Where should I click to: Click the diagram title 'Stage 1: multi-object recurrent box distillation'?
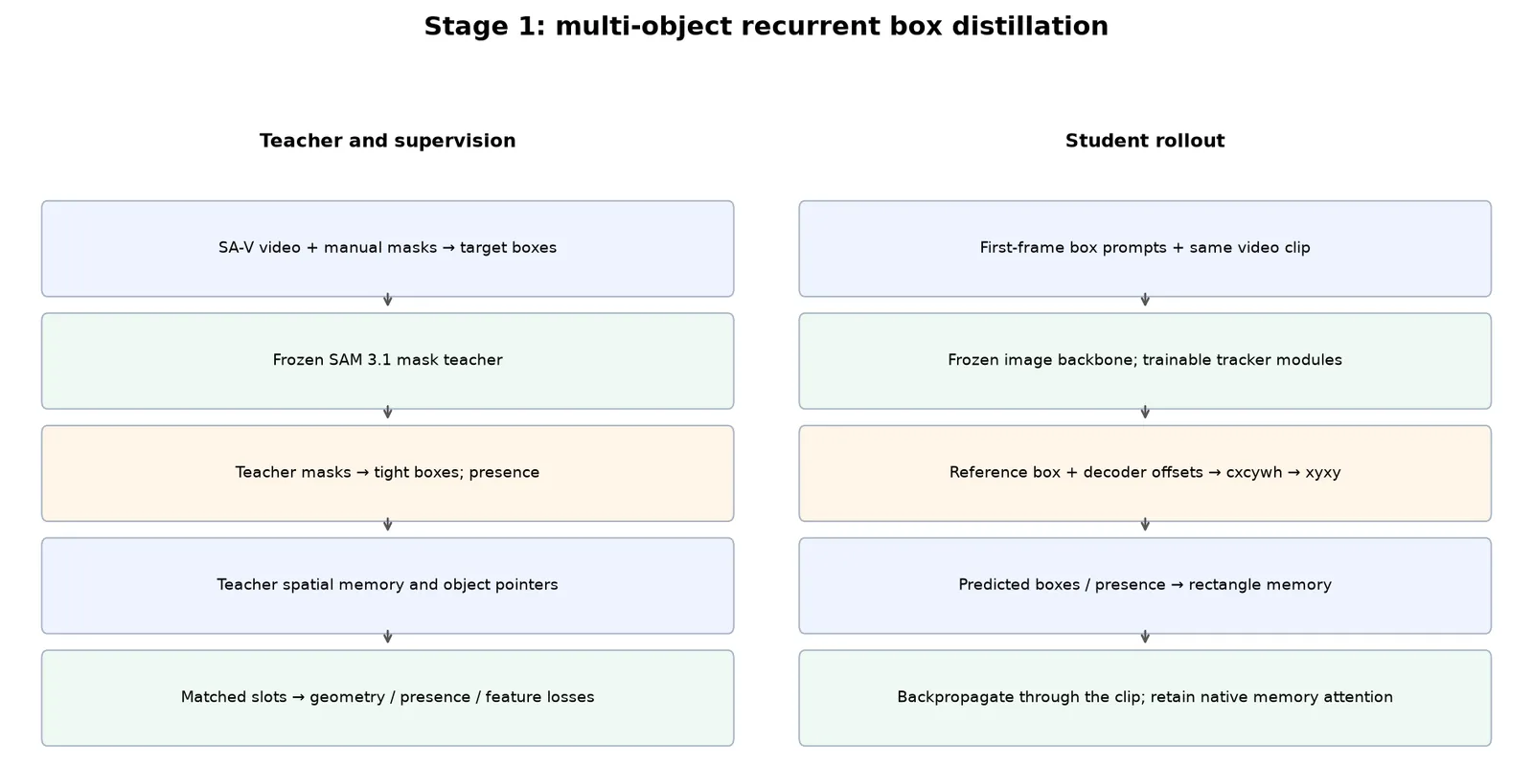pos(766,27)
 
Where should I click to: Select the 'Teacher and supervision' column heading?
pos(387,141)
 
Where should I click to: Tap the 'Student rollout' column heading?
pos(1145,141)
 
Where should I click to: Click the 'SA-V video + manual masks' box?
pos(387,248)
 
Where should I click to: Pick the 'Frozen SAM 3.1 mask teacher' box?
pos(387,360)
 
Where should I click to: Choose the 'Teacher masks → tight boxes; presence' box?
pos(387,473)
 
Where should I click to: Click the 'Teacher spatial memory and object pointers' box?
pos(387,585)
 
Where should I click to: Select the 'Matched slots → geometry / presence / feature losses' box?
pos(387,698)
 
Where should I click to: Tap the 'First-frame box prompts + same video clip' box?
pos(1145,248)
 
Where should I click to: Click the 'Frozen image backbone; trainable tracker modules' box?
pos(1145,360)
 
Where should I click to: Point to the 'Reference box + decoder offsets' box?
pos(1145,473)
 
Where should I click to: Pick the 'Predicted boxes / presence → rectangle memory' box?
pos(1145,585)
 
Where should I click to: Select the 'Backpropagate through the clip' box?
pos(1145,698)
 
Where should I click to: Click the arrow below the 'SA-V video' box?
pos(387,301)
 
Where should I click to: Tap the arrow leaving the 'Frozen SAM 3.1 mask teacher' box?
pos(387,413)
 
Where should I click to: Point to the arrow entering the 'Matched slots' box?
pos(387,638)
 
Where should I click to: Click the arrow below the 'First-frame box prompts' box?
pos(1145,301)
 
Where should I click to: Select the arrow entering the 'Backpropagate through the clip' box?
pos(1145,638)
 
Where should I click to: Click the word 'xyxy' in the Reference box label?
pos(1323,473)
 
